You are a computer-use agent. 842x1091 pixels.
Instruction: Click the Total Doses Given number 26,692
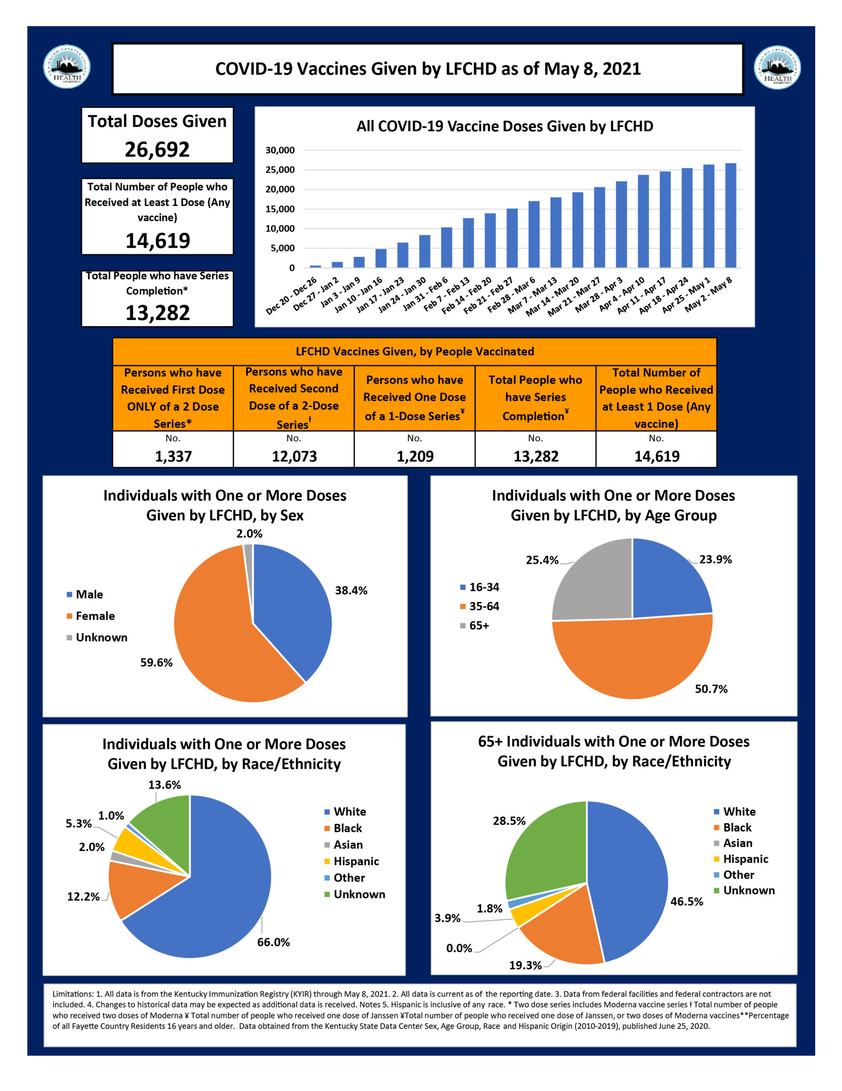click(157, 149)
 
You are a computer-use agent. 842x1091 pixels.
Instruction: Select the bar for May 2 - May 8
click(730, 215)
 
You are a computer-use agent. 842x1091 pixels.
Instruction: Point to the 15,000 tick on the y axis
click(280, 209)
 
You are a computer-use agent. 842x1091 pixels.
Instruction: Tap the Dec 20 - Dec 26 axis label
click(292, 296)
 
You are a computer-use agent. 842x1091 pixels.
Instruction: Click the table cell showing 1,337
click(173, 456)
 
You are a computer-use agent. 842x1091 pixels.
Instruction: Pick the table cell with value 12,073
click(294, 456)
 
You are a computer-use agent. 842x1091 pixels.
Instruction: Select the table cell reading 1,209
click(415, 456)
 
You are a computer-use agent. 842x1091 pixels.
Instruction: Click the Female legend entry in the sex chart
click(95, 616)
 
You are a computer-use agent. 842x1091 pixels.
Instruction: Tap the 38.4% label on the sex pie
click(351, 590)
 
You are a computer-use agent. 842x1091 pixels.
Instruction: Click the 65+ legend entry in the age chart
click(478, 626)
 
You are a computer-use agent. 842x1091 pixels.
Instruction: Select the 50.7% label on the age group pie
click(711, 690)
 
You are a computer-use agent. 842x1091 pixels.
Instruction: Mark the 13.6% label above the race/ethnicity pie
click(164, 785)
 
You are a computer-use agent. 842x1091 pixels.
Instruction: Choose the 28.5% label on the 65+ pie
click(509, 821)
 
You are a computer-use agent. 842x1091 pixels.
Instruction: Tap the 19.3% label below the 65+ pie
click(525, 965)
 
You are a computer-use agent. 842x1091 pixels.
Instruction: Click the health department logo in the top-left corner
click(67, 67)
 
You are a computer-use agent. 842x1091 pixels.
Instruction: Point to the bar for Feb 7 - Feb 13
click(468, 243)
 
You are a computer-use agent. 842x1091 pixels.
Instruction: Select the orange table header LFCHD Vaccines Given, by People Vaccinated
click(414, 351)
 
